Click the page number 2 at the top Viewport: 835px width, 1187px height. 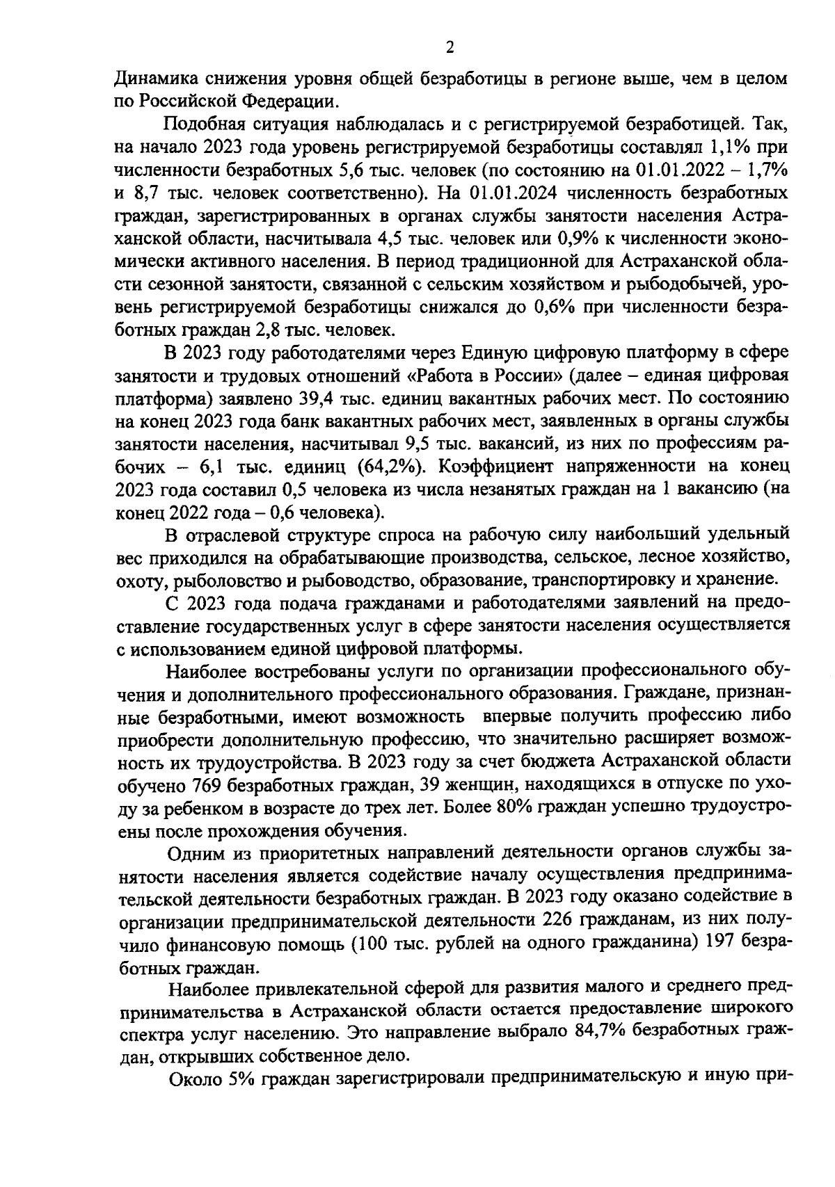coord(449,47)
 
